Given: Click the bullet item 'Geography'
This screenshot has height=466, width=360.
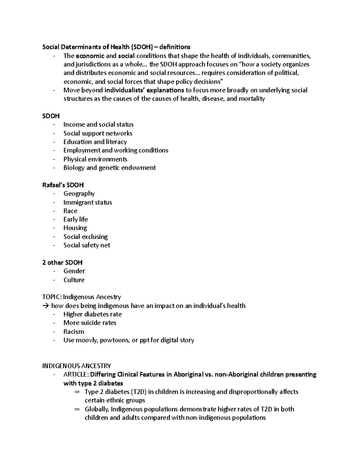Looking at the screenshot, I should tap(79, 194).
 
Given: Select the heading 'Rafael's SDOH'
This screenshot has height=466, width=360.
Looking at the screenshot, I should tap(63, 185).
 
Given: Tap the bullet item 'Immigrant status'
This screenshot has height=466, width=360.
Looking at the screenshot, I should tap(88, 202).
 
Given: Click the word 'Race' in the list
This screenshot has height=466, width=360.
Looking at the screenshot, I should tap(70, 211).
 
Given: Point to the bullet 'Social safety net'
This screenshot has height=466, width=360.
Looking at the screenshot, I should tap(87, 245).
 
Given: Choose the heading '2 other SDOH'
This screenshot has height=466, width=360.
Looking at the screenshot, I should tap(62, 263).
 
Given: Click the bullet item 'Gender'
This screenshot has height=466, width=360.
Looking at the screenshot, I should tap(74, 271).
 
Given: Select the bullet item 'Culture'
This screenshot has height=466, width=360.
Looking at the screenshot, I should tap(74, 280).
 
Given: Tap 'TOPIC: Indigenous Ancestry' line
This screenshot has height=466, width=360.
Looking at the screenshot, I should tap(82, 297).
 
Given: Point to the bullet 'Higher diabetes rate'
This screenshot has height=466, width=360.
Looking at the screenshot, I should tap(92, 314).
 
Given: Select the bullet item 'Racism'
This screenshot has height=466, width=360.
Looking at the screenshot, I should tap(73, 332).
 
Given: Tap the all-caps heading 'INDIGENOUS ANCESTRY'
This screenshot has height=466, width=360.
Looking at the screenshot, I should tap(76, 366).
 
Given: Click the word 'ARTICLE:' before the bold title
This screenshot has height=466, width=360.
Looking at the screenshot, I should tap(76, 374).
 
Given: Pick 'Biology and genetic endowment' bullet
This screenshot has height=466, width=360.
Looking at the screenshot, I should tap(109, 168).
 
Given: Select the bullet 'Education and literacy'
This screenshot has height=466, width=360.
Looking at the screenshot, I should tap(95, 142).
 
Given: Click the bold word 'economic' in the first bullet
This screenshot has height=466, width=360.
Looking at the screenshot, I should tap(90, 56).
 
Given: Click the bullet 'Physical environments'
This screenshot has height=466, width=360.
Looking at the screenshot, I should tap(95, 159).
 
